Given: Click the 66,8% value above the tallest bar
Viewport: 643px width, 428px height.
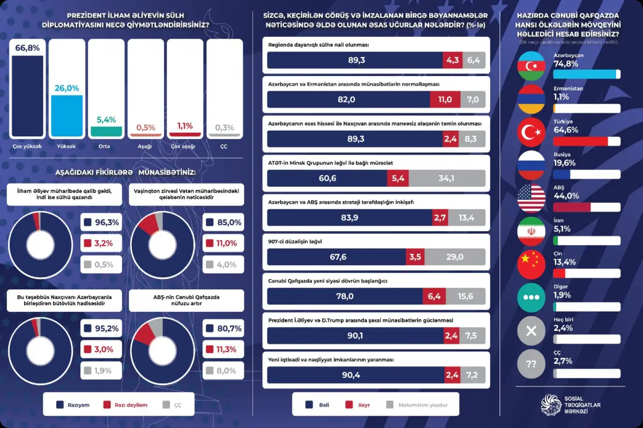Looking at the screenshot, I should (x=27, y=48).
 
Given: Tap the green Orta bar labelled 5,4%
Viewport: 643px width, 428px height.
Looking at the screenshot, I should (x=106, y=131).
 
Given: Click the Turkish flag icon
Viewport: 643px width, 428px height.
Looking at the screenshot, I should (x=531, y=132).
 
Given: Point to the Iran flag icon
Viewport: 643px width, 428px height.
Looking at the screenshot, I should (x=531, y=231).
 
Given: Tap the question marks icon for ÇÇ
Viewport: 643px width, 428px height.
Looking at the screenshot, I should (x=531, y=364).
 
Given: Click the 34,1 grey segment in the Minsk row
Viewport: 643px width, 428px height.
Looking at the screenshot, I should (x=447, y=178).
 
